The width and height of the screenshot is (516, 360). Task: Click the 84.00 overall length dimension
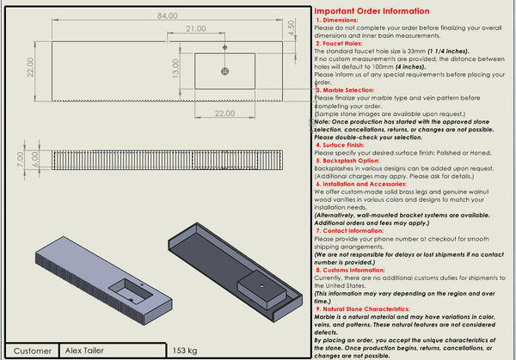[167, 15]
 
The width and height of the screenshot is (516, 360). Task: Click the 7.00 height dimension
[20, 159]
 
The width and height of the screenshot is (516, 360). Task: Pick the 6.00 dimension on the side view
[34, 159]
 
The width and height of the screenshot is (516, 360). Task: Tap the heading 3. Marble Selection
[347, 89]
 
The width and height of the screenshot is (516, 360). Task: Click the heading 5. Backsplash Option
[349, 160]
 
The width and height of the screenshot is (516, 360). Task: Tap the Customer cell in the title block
[33, 351]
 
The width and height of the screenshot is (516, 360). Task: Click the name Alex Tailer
[85, 351]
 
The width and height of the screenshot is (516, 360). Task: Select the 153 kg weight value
[185, 351]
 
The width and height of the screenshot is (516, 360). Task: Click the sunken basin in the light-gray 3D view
[127, 286]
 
